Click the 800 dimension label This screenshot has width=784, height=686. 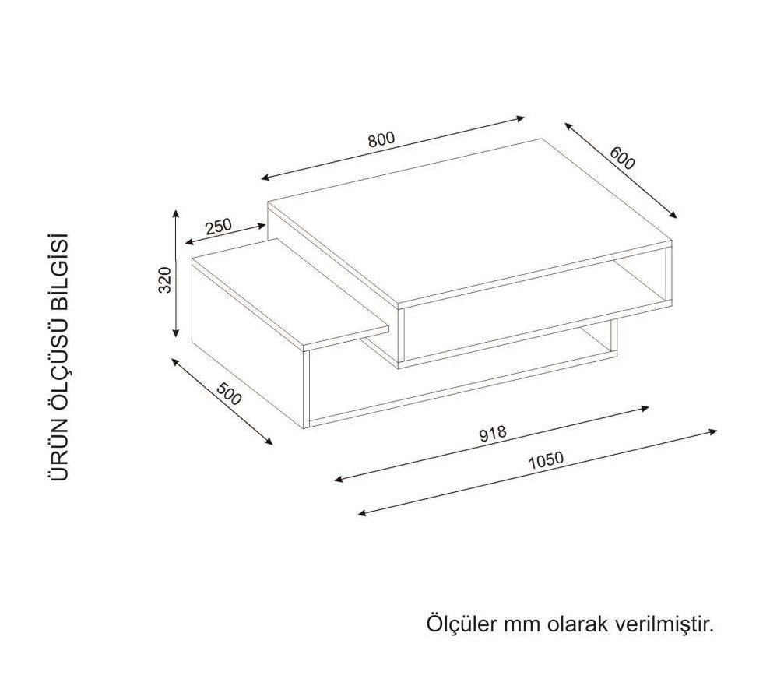pyautogui.click(x=381, y=139)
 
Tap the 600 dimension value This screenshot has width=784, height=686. pyautogui.click(x=622, y=158)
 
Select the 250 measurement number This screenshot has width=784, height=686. pyautogui.click(x=219, y=227)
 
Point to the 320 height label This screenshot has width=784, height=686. pyautogui.click(x=164, y=280)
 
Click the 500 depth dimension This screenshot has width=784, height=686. pyautogui.click(x=229, y=393)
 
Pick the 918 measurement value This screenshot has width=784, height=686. pyautogui.click(x=493, y=433)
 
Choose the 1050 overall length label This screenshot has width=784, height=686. pyautogui.click(x=546, y=460)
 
